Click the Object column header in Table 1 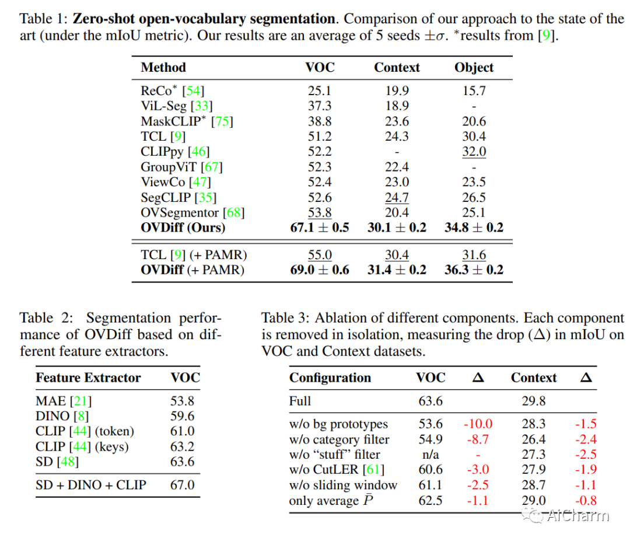pyautogui.click(x=474, y=68)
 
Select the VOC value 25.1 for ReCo pyautogui.click(x=320, y=91)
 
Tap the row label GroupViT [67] pyautogui.click(x=181, y=167)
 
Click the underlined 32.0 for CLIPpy pyautogui.click(x=474, y=152)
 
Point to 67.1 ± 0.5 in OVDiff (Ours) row pyautogui.click(x=320, y=228)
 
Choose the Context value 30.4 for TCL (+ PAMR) pyautogui.click(x=397, y=255)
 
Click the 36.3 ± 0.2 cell pyautogui.click(x=474, y=270)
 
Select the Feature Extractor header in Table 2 pyautogui.click(x=88, y=378)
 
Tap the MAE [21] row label pyautogui.click(x=64, y=401)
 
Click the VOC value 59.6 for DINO pyautogui.click(x=183, y=416)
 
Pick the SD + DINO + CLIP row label pyautogui.click(x=90, y=484)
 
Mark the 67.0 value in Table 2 pyautogui.click(x=183, y=484)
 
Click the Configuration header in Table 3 pyautogui.click(x=330, y=378)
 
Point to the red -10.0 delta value pyautogui.click(x=478, y=424)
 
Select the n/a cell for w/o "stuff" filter pyautogui.click(x=430, y=455)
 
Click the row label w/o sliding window pyautogui.click(x=343, y=485)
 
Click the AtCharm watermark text pyautogui.click(x=577, y=515)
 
